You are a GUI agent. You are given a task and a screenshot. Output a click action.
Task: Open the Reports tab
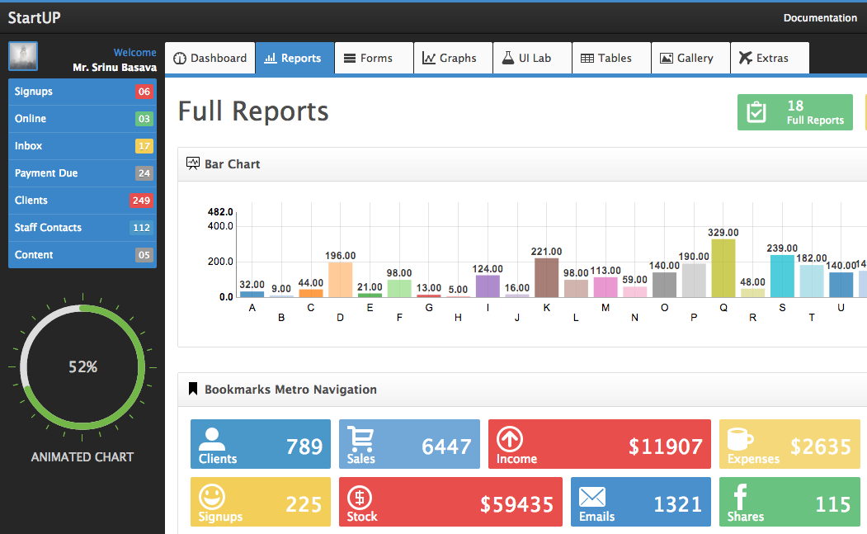pos(294,58)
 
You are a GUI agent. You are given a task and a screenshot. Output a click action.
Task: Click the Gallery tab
pos(686,58)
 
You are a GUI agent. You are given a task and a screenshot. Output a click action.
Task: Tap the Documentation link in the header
pos(820,17)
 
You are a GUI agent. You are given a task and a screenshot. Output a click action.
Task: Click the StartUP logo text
pos(34,17)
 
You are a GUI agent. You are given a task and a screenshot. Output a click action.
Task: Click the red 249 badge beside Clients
pos(141,201)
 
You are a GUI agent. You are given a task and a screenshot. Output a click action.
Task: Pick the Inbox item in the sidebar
pos(29,146)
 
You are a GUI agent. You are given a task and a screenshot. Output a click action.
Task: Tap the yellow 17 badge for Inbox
pos(144,146)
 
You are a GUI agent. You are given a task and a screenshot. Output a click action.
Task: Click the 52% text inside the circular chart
pos(82,366)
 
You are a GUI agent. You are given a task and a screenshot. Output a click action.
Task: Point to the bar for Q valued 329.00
pos(723,268)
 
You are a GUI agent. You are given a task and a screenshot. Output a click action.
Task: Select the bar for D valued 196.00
pos(340,280)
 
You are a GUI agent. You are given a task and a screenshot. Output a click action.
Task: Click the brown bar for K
pos(546,277)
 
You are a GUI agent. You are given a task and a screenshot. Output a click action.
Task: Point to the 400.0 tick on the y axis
pos(220,226)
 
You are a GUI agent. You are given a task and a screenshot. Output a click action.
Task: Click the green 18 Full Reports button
pos(794,112)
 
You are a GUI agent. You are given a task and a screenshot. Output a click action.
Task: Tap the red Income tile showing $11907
pos(599,445)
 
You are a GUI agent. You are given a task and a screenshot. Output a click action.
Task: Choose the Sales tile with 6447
pos(409,445)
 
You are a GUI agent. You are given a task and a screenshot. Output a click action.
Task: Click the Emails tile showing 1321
pos(640,502)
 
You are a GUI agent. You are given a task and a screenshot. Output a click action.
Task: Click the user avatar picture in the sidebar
pos(23,56)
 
